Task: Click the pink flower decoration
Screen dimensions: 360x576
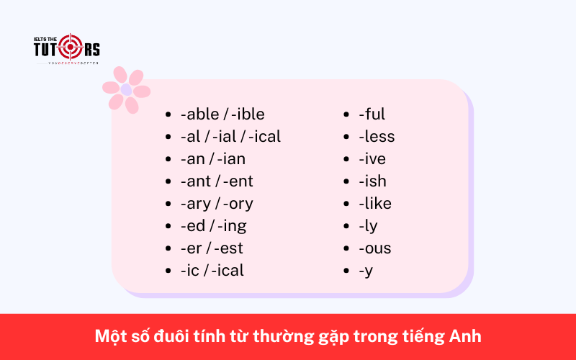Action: [126, 90]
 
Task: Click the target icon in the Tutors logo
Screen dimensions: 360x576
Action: [71, 48]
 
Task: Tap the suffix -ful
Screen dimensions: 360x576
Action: [372, 114]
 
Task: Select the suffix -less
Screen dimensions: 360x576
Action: [377, 136]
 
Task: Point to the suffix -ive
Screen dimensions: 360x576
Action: [372, 158]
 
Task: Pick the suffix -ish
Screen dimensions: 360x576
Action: [372, 181]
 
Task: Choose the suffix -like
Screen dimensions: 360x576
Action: [375, 203]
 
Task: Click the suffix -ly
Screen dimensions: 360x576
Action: [368, 226]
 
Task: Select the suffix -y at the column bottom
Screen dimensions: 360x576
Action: [366, 271]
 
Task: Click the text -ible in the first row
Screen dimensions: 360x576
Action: [248, 114]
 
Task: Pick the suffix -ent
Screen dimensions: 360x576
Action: [238, 181]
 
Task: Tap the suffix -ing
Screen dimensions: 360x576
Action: [231, 226]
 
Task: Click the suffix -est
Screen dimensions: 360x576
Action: [229, 248]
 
